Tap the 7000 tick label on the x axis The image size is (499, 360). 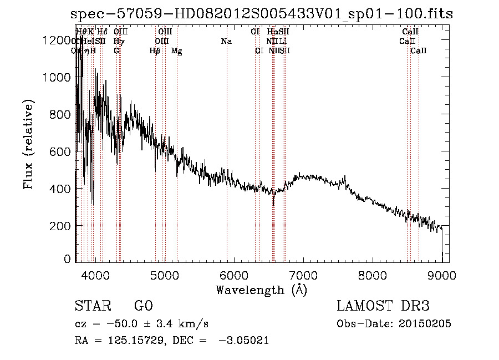coord(303,275)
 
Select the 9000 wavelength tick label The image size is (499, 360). coord(442,275)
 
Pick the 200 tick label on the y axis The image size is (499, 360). coord(58,226)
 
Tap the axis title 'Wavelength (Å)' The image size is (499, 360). coord(261,290)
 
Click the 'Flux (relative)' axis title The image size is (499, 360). coord(28,144)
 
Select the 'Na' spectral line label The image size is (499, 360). coord(226,41)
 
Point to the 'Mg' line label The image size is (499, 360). coord(176,51)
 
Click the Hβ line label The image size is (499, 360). coord(155,51)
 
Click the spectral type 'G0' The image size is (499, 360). coord(143,306)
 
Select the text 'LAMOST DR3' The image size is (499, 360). coord(383,306)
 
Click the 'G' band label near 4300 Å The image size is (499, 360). coord(116,51)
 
